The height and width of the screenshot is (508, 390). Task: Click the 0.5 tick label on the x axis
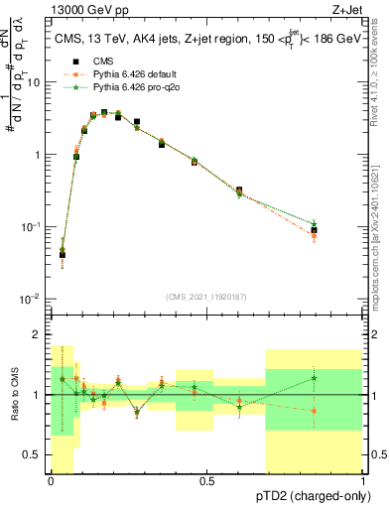(x=207, y=481)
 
